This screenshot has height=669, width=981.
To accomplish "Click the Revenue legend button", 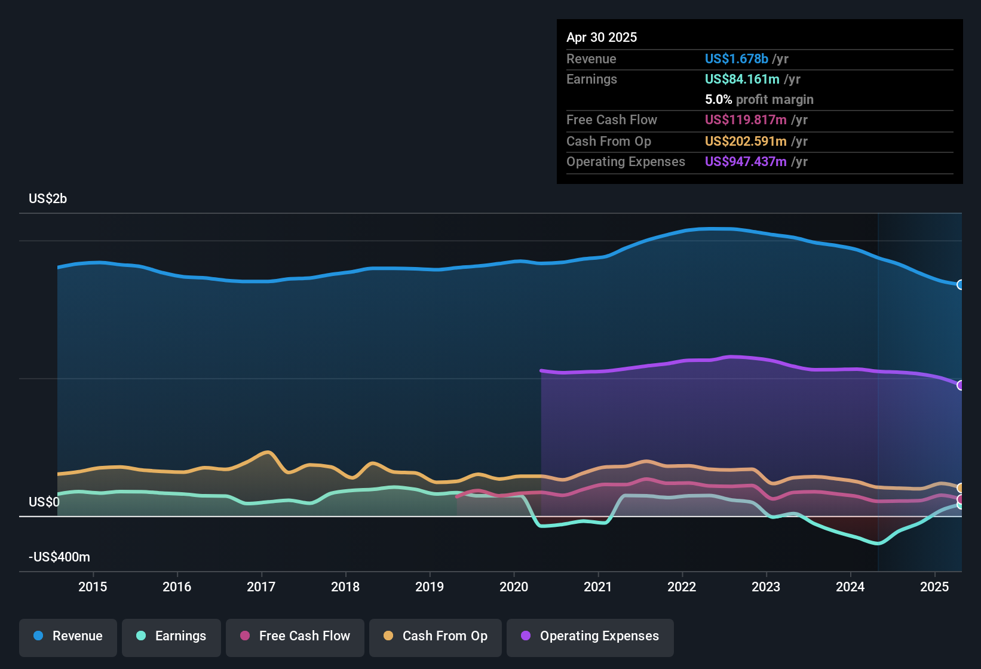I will pyautogui.click(x=68, y=637).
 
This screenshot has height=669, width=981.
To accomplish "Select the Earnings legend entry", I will pyautogui.click(x=171, y=637).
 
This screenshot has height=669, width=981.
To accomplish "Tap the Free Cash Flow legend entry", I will pyautogui.click(x=295, y=637).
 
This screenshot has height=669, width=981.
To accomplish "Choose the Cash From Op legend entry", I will pyautogui.click(x=436, y=637).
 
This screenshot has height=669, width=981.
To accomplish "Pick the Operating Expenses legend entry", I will pyautogui.click(x=590, y=637).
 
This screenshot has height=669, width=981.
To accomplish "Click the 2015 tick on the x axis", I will pyautogui.click(x=93, y=587).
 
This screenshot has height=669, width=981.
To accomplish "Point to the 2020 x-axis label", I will pyautogui.click(x=514, y=587).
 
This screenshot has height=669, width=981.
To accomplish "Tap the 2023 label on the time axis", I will pyautogui.click(x=766, y=587).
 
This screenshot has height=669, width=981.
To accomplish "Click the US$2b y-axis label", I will pyautogui.click(x=48, y=199).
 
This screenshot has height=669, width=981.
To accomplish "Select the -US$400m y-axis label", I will pyautogui.click(x=59, y=557).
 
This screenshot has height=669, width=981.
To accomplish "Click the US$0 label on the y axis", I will pyautogui.click(x=44, y=502).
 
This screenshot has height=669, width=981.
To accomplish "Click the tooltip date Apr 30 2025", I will pyautogui.click(x=602, y=38).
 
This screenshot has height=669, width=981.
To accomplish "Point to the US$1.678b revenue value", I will pyautogui.click(x=736, y=59).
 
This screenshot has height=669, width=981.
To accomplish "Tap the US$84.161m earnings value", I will pyautogui.click(x=742, y=79).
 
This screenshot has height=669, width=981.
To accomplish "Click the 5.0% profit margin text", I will pyautogui.click(x=759, y=100).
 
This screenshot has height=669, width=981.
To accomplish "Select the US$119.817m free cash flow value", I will pyautogui.click(x=746, y=120).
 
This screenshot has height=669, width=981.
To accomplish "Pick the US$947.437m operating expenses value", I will pyautogui.click(x=746, y=162).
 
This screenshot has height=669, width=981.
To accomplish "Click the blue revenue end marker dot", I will pyautogui.click(x=960, y=285).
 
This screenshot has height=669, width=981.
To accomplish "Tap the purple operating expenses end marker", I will pyautogui.click(x=960, y=385).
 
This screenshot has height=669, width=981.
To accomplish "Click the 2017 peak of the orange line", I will pyautogui.click(x=268, y=452).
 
